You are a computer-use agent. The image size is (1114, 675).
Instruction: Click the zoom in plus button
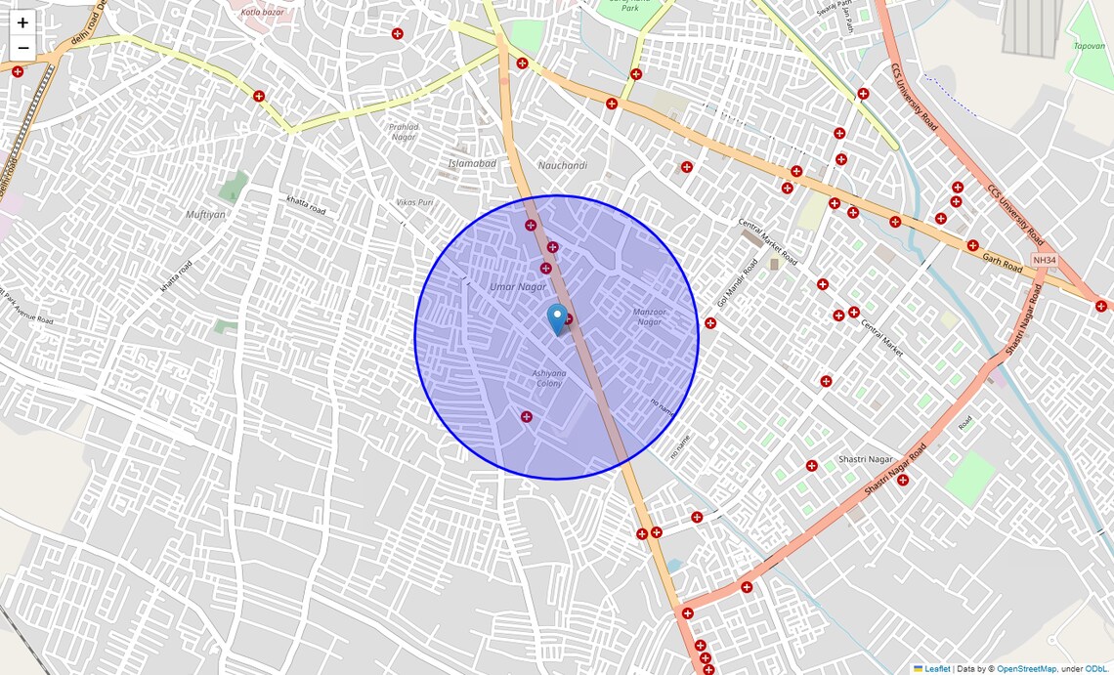22,22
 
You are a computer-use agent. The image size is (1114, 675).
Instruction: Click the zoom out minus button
22,48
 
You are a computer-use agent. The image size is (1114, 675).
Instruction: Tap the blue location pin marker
557,318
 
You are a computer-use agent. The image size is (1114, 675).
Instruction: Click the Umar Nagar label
518,286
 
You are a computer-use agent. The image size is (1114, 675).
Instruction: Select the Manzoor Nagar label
649,316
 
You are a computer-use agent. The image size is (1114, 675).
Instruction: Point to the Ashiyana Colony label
548,378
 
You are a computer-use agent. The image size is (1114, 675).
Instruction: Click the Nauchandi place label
563,166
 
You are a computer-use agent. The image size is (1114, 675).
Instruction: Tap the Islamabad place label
472,163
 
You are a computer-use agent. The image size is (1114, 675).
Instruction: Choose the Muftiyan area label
205,214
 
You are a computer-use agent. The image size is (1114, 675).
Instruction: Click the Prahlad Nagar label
404,132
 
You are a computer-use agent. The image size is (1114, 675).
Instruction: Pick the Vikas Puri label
414,202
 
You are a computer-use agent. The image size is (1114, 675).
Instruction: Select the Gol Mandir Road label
737,284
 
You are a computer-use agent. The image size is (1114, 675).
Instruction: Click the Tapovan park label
1090,45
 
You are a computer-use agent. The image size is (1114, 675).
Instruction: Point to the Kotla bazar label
261,12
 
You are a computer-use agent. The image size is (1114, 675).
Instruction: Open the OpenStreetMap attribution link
1026,669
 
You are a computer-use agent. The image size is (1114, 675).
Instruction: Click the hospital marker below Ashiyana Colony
527,417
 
